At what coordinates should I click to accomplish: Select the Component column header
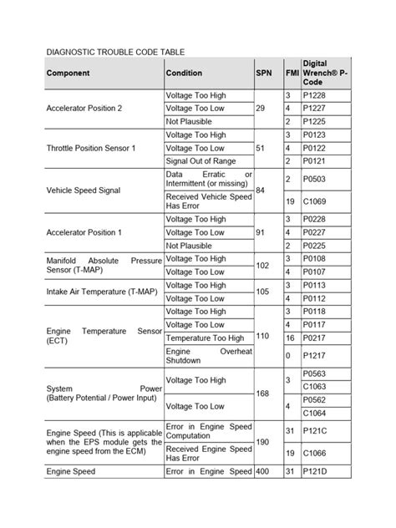click(69, 74)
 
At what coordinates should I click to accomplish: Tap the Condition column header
click(184, 74)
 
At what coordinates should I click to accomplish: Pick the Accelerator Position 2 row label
click(84, 109)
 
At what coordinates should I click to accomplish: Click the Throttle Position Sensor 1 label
click(91, 148)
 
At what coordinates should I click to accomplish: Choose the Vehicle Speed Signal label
click(84, 190)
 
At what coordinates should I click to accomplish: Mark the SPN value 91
click(261, 231)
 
